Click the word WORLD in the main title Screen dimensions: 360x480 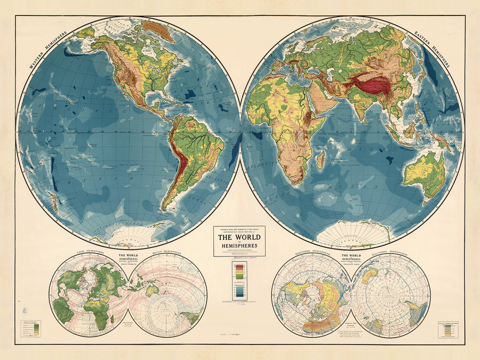(x=239, y=238)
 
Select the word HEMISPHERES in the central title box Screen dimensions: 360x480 (x=239, y=246)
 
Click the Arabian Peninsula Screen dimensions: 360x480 (x=322, y=105)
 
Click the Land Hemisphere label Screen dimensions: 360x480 (x=89, y=251)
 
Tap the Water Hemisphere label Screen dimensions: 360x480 (x=167, y=251)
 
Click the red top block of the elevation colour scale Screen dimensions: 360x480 (x=239, y=266)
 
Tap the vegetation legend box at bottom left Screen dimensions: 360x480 (x=31, y=329)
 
